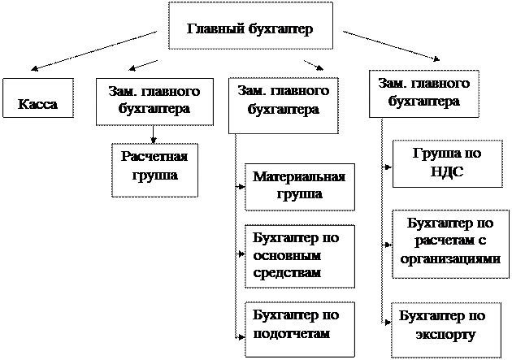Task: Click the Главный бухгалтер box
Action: pos(249,28)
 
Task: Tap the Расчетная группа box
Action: pos(154,167)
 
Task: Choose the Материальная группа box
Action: pos(300,186)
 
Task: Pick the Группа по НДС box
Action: pos(444,163)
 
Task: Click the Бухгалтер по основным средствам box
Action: pos(300,255)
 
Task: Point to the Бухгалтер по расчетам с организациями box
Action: pos(449,241)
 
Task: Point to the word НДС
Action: pos(444,172)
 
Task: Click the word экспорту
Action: pos(444,335)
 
